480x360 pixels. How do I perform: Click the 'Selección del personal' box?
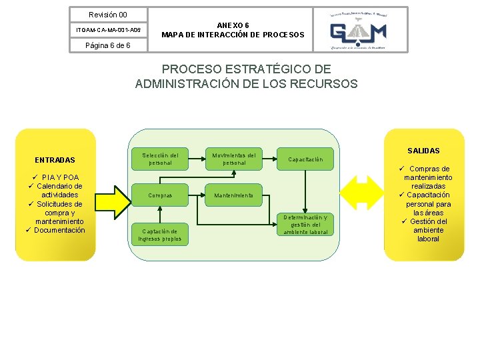tap(160, 159)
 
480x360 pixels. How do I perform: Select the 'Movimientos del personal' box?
tap(234, 159)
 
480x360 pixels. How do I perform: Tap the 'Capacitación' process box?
tap(305, 159)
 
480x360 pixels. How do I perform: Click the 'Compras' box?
tap(160, 195)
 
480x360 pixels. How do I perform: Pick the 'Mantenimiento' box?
tap(233, 195)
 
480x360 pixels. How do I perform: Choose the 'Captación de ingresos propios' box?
tap(160, 235)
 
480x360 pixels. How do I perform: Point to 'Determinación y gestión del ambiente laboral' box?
tap(305, 225)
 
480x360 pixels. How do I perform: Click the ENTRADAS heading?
tap(55, 160)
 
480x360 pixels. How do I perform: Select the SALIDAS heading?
tap(423, 151)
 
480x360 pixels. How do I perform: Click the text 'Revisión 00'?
tap(108, 15)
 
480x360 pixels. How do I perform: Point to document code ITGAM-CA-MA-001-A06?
tap(108, 30)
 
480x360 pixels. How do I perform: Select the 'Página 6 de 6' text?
tap(108, 45)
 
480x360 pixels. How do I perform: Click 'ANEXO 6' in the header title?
tap(233, 25)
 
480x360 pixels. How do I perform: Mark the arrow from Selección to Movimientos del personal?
tap(196, 159)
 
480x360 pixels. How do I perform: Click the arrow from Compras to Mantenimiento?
tap(196, 195)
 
